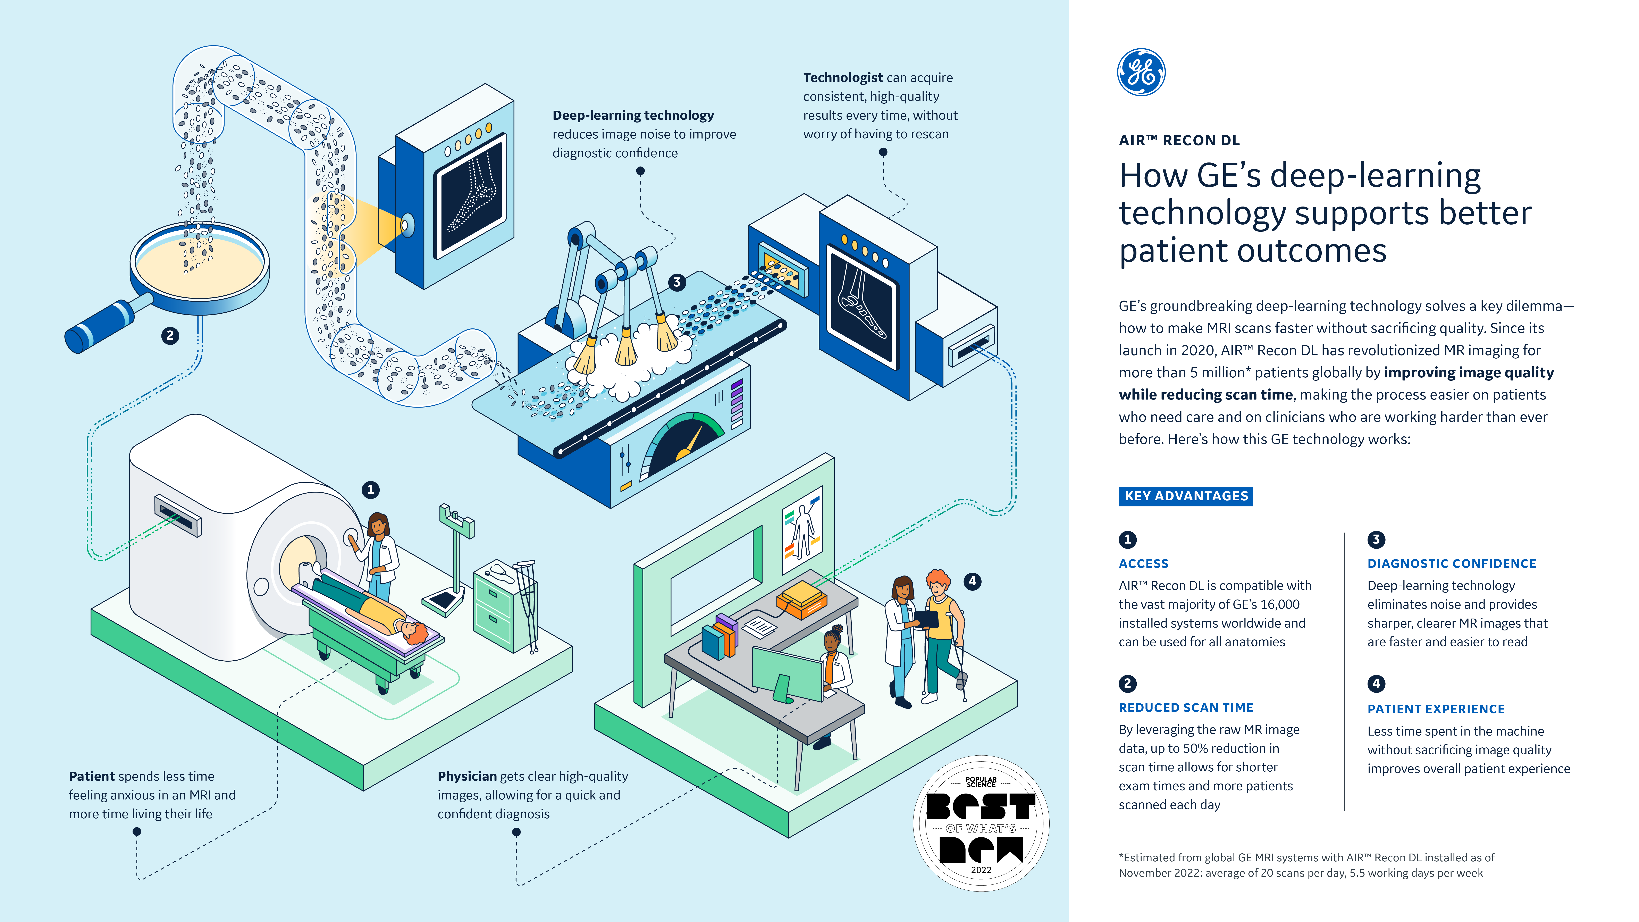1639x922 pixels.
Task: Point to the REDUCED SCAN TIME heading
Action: pyautogui.click(x=1185, y=707)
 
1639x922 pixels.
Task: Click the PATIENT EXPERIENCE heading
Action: pyautogui.click(x=1435, y=709)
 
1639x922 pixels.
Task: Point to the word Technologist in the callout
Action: pyautogui.click(x=842, y=78)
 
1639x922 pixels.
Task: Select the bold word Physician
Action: pyautogui.click(x=466, y=776)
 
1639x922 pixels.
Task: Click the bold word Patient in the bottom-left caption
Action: pyautogui.click(x=92, y=776)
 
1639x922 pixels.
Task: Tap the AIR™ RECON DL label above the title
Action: pyautogui.click(x=1179, y=141)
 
